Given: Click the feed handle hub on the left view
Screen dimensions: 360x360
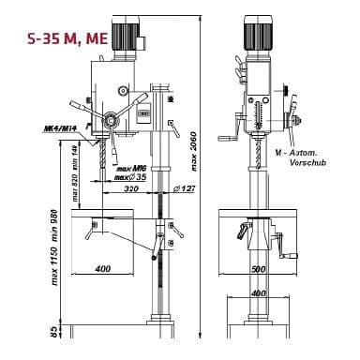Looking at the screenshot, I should click(x=111, y=120).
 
